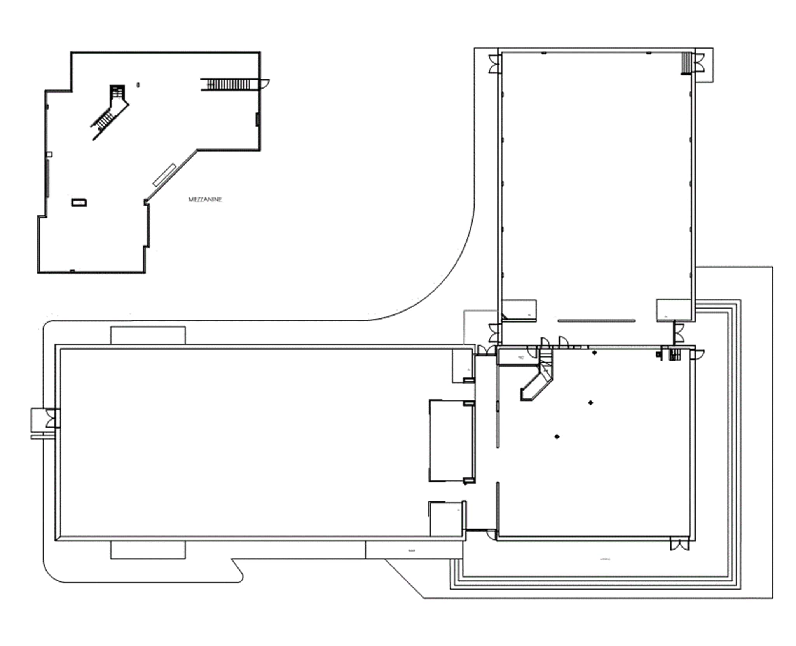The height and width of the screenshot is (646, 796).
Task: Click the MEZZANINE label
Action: (205, 199)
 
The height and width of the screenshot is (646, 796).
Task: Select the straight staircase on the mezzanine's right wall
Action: (229, 84)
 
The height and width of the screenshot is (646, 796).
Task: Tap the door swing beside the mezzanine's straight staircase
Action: (264, 84)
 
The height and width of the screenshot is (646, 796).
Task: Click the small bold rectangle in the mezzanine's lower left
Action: (79, 203)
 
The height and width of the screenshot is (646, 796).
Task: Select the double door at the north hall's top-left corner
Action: (494, 63)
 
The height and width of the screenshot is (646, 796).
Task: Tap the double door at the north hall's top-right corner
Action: (699, 63)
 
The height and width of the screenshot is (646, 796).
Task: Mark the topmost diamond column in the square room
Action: (594, 353)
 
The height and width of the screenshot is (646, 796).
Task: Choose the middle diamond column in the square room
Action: (591, 403)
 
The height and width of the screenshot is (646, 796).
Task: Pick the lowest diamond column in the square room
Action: (557, 436)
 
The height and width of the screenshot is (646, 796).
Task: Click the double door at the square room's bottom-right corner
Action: (679, 545)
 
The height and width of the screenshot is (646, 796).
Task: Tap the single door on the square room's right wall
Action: (698, 354)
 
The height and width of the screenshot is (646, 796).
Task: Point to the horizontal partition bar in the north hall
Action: (596, 321)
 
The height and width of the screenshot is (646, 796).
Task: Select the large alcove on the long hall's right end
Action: (451, 440)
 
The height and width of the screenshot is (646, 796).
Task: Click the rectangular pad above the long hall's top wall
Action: (148, 335)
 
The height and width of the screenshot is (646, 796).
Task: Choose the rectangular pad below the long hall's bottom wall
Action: (148, 550)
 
